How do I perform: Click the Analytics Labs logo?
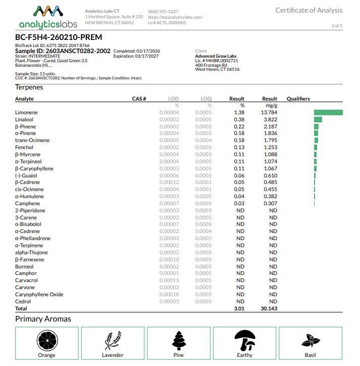point(48,17)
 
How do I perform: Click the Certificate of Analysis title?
point(308,10)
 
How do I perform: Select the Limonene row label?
point(26,112)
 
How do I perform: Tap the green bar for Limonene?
point(328,112)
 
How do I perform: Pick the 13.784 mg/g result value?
point(269,112)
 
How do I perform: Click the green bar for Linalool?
point(318,119)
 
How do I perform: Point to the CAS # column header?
point(139,99)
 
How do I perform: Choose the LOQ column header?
point(206,99)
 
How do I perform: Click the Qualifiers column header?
point(298,99)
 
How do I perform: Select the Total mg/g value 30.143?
point(269,308)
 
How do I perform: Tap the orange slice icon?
point(46,340)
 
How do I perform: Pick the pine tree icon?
point(179,340)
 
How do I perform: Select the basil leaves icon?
point(310,341)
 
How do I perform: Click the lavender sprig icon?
point(113,340)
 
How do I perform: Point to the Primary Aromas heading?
point(43,319)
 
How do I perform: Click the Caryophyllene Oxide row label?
point(39,294)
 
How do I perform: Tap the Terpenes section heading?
point(29,87)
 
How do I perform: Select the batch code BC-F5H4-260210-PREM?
point(59,37)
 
